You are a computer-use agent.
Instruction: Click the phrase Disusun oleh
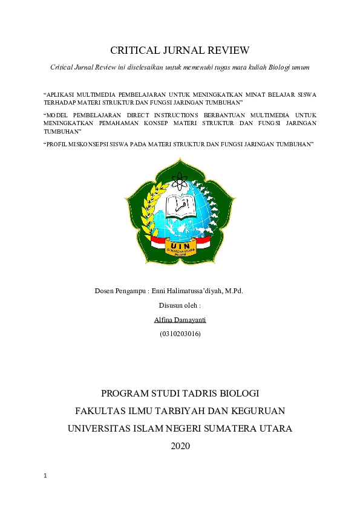pyautogui.click(x=179, y=305)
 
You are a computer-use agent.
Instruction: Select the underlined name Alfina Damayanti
pyautogui.click(x=180, y=319)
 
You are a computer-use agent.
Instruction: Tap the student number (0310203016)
pyautogui.click(x=180, y=334)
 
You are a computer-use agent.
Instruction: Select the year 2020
pyautogui.click(x=180, y=446)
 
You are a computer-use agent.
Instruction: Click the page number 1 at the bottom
pyautogui.click(x=45, y=476)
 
